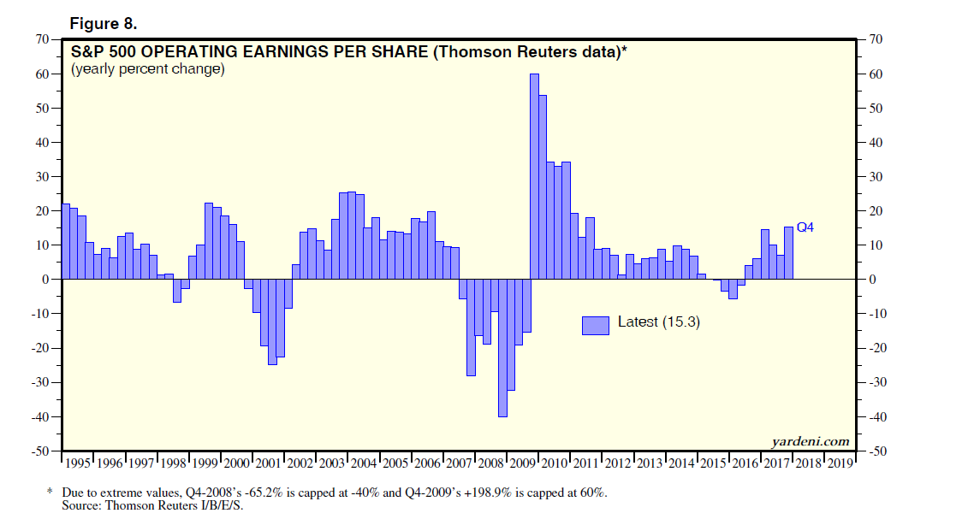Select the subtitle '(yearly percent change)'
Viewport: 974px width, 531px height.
pyautogui.click(x=148, y=69)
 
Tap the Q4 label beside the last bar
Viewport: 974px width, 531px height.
pyautogui.click(x=805, y=227)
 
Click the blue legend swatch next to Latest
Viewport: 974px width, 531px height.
pyautogui.click(x=596, y=325)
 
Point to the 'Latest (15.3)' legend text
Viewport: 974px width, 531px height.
pyautogui.click(x=659, y=322)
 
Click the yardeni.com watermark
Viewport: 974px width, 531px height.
pyautogui.click(x=811, y=441)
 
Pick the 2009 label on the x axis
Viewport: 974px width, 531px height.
pyautogui.click(x=523, y=463)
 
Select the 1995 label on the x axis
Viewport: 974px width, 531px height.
pyautogui.click(x=78, y=463)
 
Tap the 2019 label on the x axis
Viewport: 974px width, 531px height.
pyautogui.click(x=840, y=463)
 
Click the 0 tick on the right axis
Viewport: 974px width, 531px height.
pyautogui.click(x=872, y=280)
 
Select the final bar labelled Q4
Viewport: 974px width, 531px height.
pyautogui.click(x=788, y=253)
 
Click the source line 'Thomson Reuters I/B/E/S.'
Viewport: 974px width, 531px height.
pyautogui.click(x=169, y=506)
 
